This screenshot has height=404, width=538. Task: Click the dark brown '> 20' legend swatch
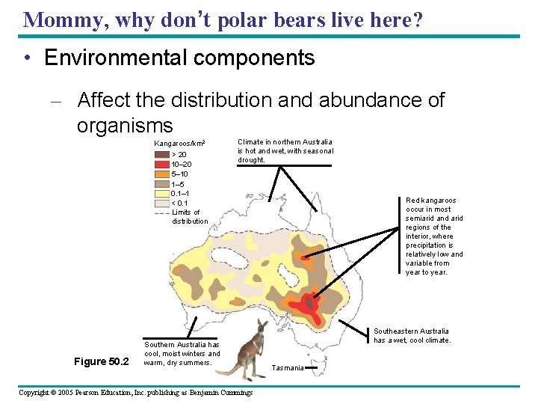(161, 155)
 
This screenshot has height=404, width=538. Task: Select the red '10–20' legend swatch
(161, 165)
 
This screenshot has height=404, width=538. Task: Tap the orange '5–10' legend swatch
(161, 174)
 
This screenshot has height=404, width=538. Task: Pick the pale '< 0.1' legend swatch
(161, 203)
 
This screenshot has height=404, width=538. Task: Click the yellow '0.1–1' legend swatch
(161, 193)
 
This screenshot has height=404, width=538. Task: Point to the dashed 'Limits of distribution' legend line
(161, 212)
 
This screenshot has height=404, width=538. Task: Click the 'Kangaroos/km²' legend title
(179, 144)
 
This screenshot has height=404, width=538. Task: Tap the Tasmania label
(288, 368)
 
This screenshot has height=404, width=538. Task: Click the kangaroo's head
(261, 326)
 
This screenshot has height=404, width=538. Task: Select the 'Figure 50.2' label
(101, 362)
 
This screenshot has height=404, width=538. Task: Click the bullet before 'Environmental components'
(27, 58)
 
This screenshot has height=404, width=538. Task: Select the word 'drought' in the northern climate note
(251, 160)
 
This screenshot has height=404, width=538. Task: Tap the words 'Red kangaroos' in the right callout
(430, 201)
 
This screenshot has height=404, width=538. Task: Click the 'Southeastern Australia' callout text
(411, 331)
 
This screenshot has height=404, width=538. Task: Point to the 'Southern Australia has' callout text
(182, 345)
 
